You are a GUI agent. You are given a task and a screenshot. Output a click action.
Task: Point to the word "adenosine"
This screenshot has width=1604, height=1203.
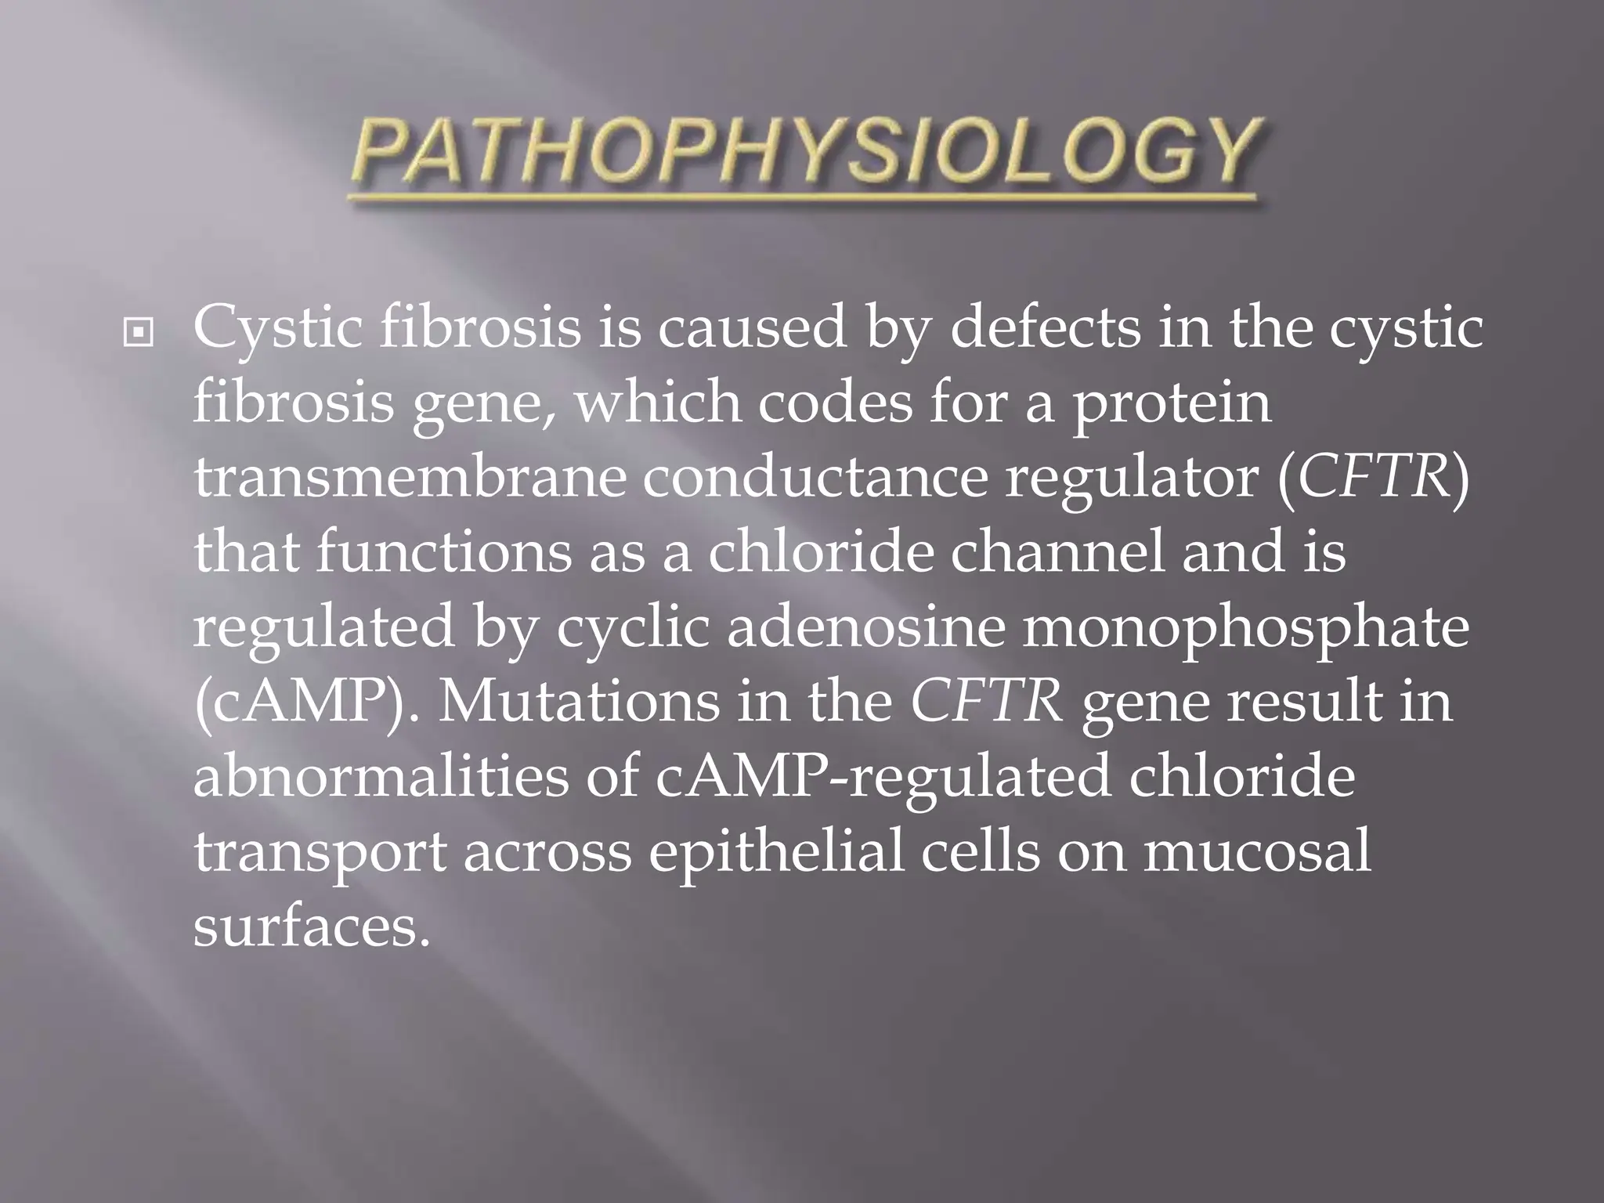click(x=865, y=626)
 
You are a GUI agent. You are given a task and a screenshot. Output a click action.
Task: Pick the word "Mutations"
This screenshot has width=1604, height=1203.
click(x=579, y=700)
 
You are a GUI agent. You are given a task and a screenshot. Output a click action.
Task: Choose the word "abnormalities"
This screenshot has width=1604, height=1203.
click(x=381, y=775)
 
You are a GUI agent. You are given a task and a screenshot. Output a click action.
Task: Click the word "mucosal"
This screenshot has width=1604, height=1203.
click(x=1256, y=850)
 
